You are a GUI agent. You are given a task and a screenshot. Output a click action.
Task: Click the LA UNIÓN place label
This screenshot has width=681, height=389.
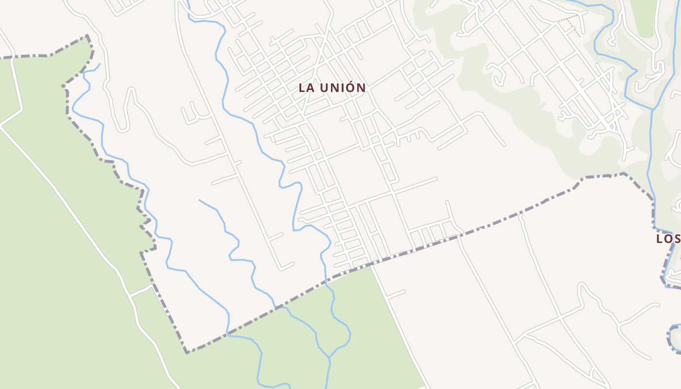(332, 88)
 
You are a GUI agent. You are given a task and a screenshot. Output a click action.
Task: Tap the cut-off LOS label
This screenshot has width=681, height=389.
(668, 239)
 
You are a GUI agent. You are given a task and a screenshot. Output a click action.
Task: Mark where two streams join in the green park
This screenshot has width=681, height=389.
(330, 359)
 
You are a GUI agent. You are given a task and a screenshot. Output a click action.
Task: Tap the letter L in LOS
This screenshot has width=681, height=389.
(660, 239)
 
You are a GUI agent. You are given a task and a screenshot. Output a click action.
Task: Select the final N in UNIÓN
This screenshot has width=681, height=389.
(360, 88)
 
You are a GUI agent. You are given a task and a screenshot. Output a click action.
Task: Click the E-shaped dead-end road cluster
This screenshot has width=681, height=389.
(192, 113)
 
